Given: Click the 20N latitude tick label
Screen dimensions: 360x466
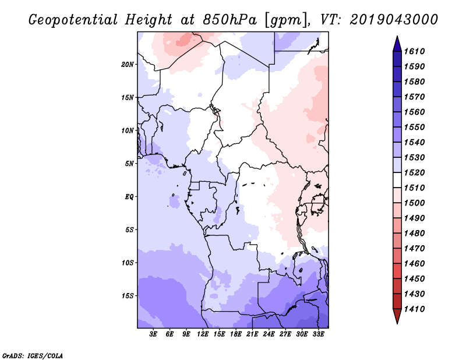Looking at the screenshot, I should tap(128, 64).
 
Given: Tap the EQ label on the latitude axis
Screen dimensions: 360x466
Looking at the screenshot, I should tap(129, 197).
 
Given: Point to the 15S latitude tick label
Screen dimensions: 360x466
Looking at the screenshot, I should tap(128, 296).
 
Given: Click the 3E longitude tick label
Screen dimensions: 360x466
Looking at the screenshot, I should tap(154, 334).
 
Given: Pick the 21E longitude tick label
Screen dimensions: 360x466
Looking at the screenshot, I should tap(252, 334).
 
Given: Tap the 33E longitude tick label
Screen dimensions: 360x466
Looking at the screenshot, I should tap(318, 334).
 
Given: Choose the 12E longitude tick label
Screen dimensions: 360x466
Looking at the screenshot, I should tap(203, 334).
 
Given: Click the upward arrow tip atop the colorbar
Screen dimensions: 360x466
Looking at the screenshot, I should tap(396, 37).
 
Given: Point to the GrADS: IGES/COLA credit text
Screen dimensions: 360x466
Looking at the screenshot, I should tap(24, 354).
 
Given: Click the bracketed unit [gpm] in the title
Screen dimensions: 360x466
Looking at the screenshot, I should tap(282, 20).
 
